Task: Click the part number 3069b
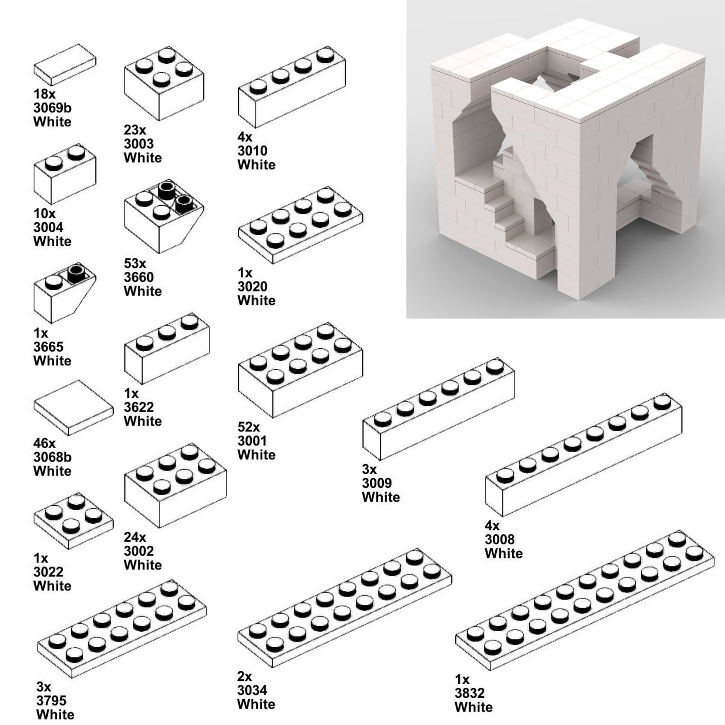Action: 52,108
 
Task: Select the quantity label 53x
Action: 135,263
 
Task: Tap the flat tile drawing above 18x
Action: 65,64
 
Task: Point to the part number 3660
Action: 139,277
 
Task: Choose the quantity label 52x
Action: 249,427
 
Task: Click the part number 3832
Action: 470,693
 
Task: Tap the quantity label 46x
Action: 45,443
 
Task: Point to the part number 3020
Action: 252,286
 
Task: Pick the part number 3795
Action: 51,700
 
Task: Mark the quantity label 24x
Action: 135,537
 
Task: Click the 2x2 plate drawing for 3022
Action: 73,520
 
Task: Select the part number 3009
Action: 377,483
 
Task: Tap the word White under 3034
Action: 256,704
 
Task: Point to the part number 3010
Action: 252,151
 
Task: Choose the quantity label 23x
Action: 135,129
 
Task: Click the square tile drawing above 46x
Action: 73,407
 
